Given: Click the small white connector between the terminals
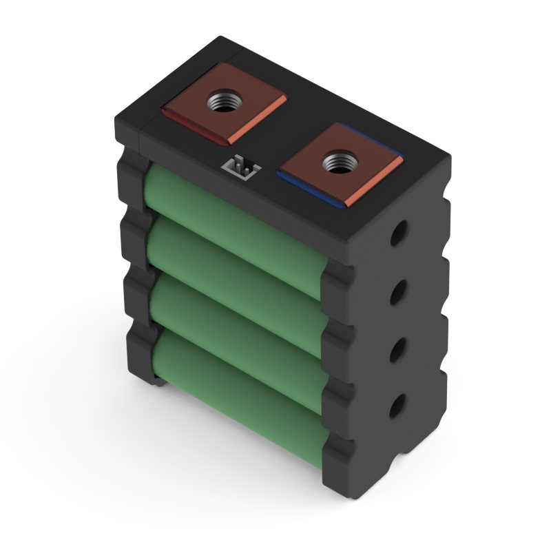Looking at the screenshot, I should pos(240,167).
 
